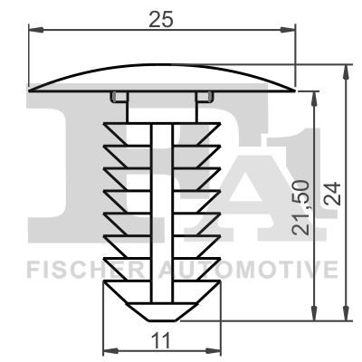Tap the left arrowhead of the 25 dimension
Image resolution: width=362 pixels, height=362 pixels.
[x=35, y=30]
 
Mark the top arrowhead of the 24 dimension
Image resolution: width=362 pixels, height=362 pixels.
[x=347, y=70]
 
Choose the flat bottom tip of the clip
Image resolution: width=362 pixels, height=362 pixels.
[x=162, y=317]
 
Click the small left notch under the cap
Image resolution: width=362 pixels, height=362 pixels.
[x=115, y=97]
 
